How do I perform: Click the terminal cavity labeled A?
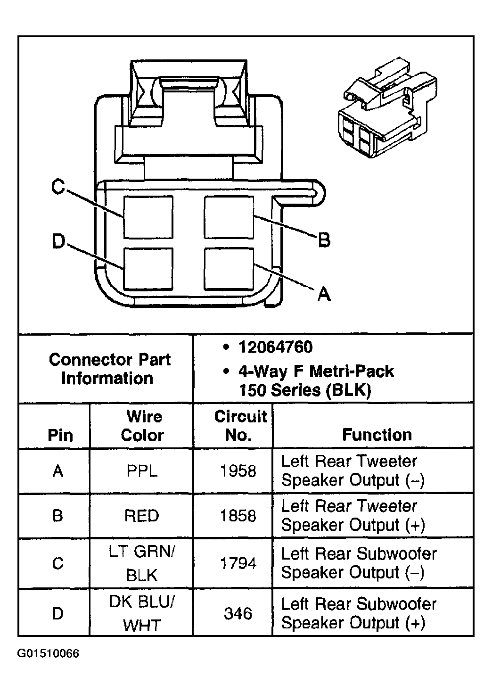click(229, 269)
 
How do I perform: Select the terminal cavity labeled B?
click(229, 217)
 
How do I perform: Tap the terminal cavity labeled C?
click(148, 217)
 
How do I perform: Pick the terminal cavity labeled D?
click(148, 269)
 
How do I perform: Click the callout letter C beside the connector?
click(58, 187)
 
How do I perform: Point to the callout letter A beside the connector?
click(324, 294)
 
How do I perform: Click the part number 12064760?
click(276, 347)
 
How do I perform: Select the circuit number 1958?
click(238, 471)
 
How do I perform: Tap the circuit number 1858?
click(238, 516)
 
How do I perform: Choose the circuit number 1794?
click(238, 563)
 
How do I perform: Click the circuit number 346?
click(238, 614)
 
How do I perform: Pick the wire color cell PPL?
click(142, 471)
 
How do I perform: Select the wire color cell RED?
click(142, 516)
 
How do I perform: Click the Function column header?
click(377, 435)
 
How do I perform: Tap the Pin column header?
click(60, 436)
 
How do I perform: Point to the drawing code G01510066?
click(48, 653)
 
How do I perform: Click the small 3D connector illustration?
click(387, 107)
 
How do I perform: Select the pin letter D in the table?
click(58, 614)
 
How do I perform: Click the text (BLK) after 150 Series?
click(349, 390)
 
